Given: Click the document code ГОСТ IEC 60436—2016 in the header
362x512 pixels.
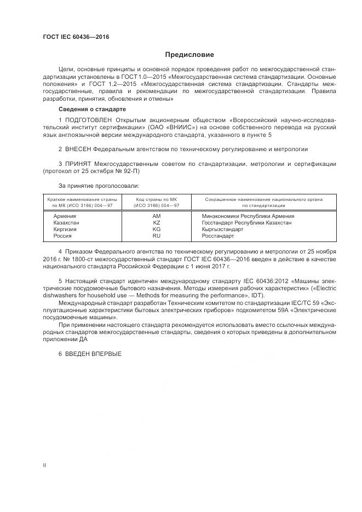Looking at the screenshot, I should click(x=76, y=37).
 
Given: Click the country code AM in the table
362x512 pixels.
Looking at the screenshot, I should click(x=157, y=216).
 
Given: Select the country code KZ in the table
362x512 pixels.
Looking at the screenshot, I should click(x=157, y=223).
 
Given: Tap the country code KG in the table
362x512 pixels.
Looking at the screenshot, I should click(x=157, y=229).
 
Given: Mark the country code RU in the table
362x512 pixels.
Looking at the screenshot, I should click(x=157, y=235).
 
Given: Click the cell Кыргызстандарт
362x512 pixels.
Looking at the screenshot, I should click(x=222, y=229).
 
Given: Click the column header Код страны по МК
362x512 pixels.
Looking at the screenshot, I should click(x=157, y=200).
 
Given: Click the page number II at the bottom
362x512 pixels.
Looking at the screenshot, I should click(x=45, y=464).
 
